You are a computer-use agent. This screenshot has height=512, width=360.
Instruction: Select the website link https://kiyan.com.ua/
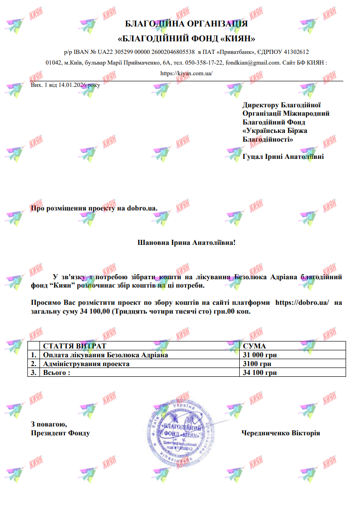(x=186, y=73)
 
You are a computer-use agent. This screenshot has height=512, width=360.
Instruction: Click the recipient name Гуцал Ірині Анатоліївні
(x=283, y=157)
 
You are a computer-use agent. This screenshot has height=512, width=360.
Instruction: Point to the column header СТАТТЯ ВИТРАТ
(x=75, y=346)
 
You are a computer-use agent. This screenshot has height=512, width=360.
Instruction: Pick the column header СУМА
(x=254, y=346)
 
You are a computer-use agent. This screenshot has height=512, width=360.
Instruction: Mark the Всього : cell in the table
(x=56, y=373)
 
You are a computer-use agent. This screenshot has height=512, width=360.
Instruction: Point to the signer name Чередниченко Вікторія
(x=281, y=433)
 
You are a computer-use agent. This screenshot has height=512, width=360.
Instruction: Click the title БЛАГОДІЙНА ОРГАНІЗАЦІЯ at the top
(x=186, y=24)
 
